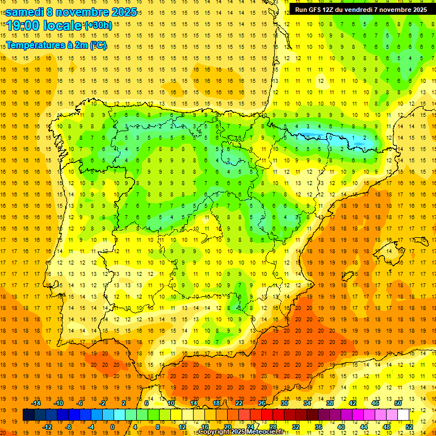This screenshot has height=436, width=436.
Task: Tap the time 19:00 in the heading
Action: point(23,26)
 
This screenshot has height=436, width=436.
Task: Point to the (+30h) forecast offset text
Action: point(98,26)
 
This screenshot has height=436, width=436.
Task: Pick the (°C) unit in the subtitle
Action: point(97,45)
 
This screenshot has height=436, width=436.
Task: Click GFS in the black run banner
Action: point(317,10)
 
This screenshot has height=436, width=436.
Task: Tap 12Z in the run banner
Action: point(331,10)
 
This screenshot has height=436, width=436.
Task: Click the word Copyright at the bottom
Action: point(213,432)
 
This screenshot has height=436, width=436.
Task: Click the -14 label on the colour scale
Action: point(36,403)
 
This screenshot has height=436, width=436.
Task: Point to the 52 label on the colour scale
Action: point(409,427)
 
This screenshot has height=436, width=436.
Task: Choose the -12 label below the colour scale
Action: point(47,427)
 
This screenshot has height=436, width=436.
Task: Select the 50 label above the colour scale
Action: point(398,403)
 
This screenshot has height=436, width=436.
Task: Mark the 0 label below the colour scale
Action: point(112,427)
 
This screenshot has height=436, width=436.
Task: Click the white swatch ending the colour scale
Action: point(403,415)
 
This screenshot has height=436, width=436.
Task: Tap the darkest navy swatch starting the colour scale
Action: point(28,415)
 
